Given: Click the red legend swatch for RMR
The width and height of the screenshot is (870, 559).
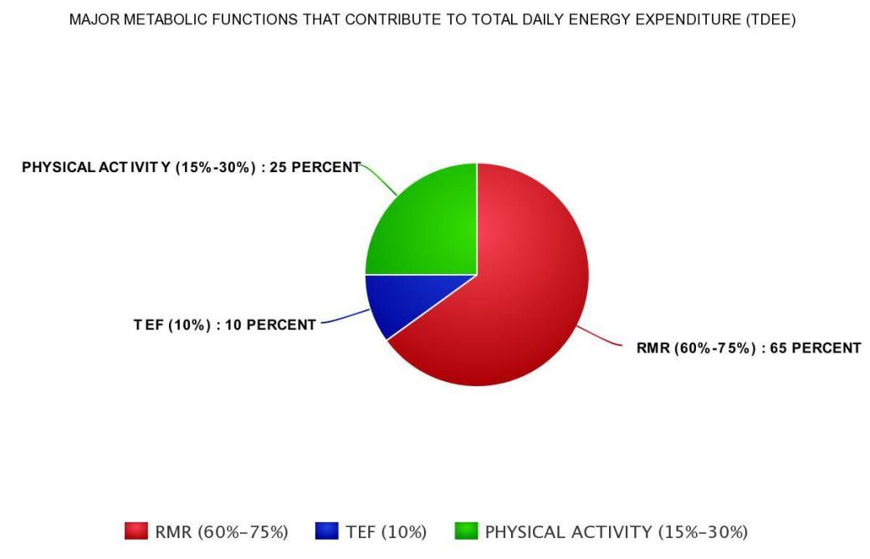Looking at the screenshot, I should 136,531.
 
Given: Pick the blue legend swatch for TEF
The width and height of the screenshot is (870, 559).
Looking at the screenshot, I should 326,531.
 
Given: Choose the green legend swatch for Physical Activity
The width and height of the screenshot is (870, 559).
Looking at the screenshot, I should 466,531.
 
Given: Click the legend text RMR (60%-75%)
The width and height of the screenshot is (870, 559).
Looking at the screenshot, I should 222,532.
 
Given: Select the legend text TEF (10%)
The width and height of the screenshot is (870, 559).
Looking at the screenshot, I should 386,532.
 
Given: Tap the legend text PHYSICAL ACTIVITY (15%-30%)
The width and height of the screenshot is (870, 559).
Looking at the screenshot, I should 617,532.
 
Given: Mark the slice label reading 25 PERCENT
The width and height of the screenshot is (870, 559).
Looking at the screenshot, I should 191,167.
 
